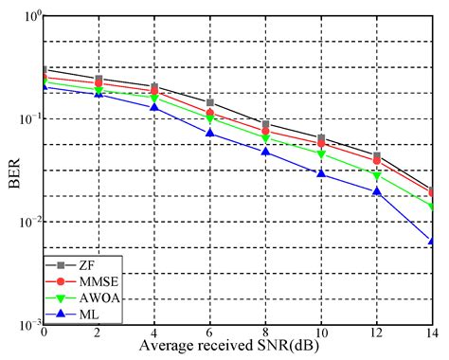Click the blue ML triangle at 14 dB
(433, 242)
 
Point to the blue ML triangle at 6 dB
(210, 133)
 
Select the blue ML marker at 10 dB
(321, 173)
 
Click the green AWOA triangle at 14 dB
(433, 207)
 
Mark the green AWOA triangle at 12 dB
(377, 176)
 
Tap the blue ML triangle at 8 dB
(266, 152)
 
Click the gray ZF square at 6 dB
(210, 102)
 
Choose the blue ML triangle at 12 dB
(377, 191)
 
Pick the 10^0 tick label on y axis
(28, 17)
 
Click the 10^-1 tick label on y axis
(27, 119)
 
